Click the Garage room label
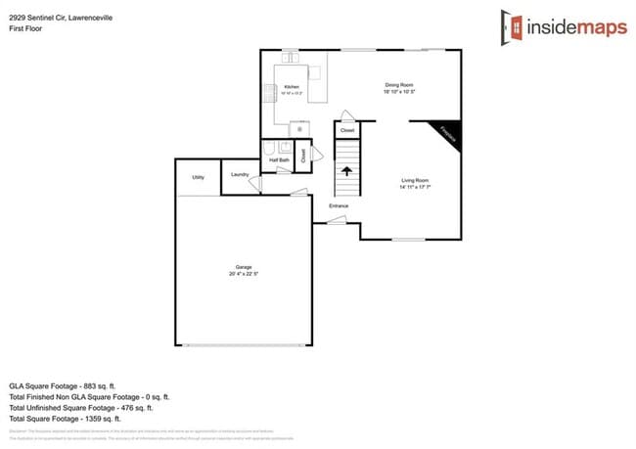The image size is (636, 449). (244, 267)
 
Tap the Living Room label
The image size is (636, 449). (415, 180)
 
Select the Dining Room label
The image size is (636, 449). (398, 85)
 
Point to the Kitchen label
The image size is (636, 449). (292, 87)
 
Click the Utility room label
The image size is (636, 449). (198, 177)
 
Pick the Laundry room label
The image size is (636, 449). (240, 175)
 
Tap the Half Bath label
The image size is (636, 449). (278, 158)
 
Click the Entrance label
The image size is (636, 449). (339, 205)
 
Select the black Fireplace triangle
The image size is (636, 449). (446, 134)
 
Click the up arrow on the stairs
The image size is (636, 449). (346, 170)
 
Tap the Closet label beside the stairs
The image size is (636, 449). (346, 129)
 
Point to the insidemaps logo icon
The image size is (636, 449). (511, 26)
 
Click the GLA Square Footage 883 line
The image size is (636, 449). (63, 385)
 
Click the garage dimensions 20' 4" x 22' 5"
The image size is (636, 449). (244, 274)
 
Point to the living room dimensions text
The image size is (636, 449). (415, 187)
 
